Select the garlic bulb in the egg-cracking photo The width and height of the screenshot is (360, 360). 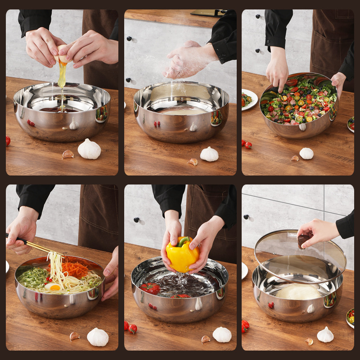pos(89,149)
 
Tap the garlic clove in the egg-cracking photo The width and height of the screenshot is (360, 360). pos(67,154)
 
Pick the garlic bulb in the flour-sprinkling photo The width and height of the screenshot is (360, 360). pos(209,154)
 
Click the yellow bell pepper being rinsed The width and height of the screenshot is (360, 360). pos(182,255)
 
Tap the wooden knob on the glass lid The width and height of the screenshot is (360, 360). pos(304,239)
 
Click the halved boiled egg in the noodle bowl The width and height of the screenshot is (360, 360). pos(54,287)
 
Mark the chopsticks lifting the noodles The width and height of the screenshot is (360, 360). pos(34,246)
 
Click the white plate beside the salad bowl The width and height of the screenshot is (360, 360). pos(249,99)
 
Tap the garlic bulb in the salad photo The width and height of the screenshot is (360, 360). pos(306,153)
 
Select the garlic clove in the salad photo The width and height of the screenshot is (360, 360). pos(295,158)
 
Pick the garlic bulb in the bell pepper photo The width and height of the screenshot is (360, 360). pos(222,334)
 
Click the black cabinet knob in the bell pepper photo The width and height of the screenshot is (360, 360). pos(136,220)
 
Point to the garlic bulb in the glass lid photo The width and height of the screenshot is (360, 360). pos(325,335)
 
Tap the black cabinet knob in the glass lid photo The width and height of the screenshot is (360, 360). pos(246,217)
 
